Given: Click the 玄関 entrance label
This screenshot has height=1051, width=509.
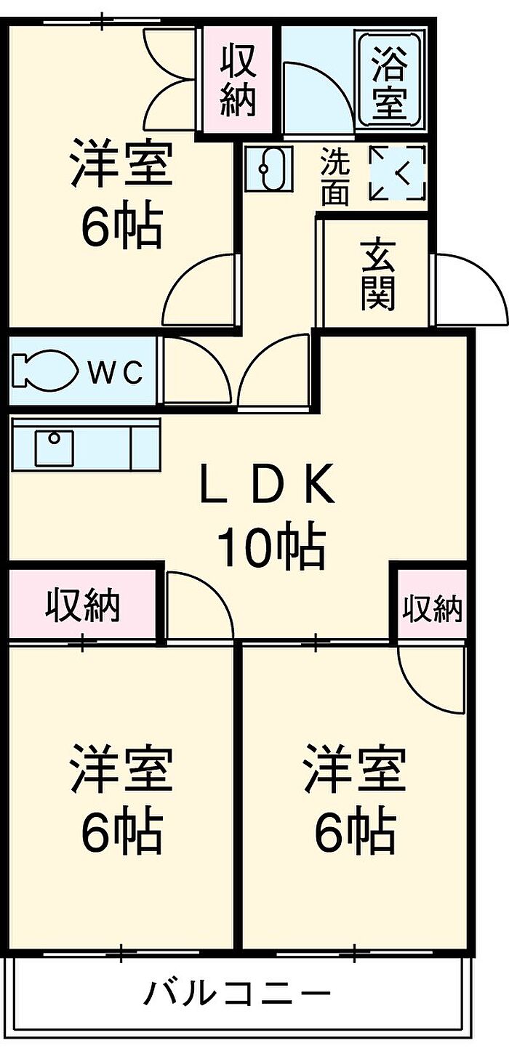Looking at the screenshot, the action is click(x=378, y=275).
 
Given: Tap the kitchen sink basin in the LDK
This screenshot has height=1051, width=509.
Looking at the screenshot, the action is click(x=55, y=447).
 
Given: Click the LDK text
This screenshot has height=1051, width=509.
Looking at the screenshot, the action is click(x=268, y=483).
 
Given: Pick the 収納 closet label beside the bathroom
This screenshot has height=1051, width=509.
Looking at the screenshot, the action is click(x=238, y=80).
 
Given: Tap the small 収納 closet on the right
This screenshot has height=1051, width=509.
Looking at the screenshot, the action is click(x=432, y=609).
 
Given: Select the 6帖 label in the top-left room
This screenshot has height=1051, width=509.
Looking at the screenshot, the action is click(x=122, y=227).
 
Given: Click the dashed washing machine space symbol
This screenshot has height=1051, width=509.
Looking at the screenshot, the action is click(x=397, y=172).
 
